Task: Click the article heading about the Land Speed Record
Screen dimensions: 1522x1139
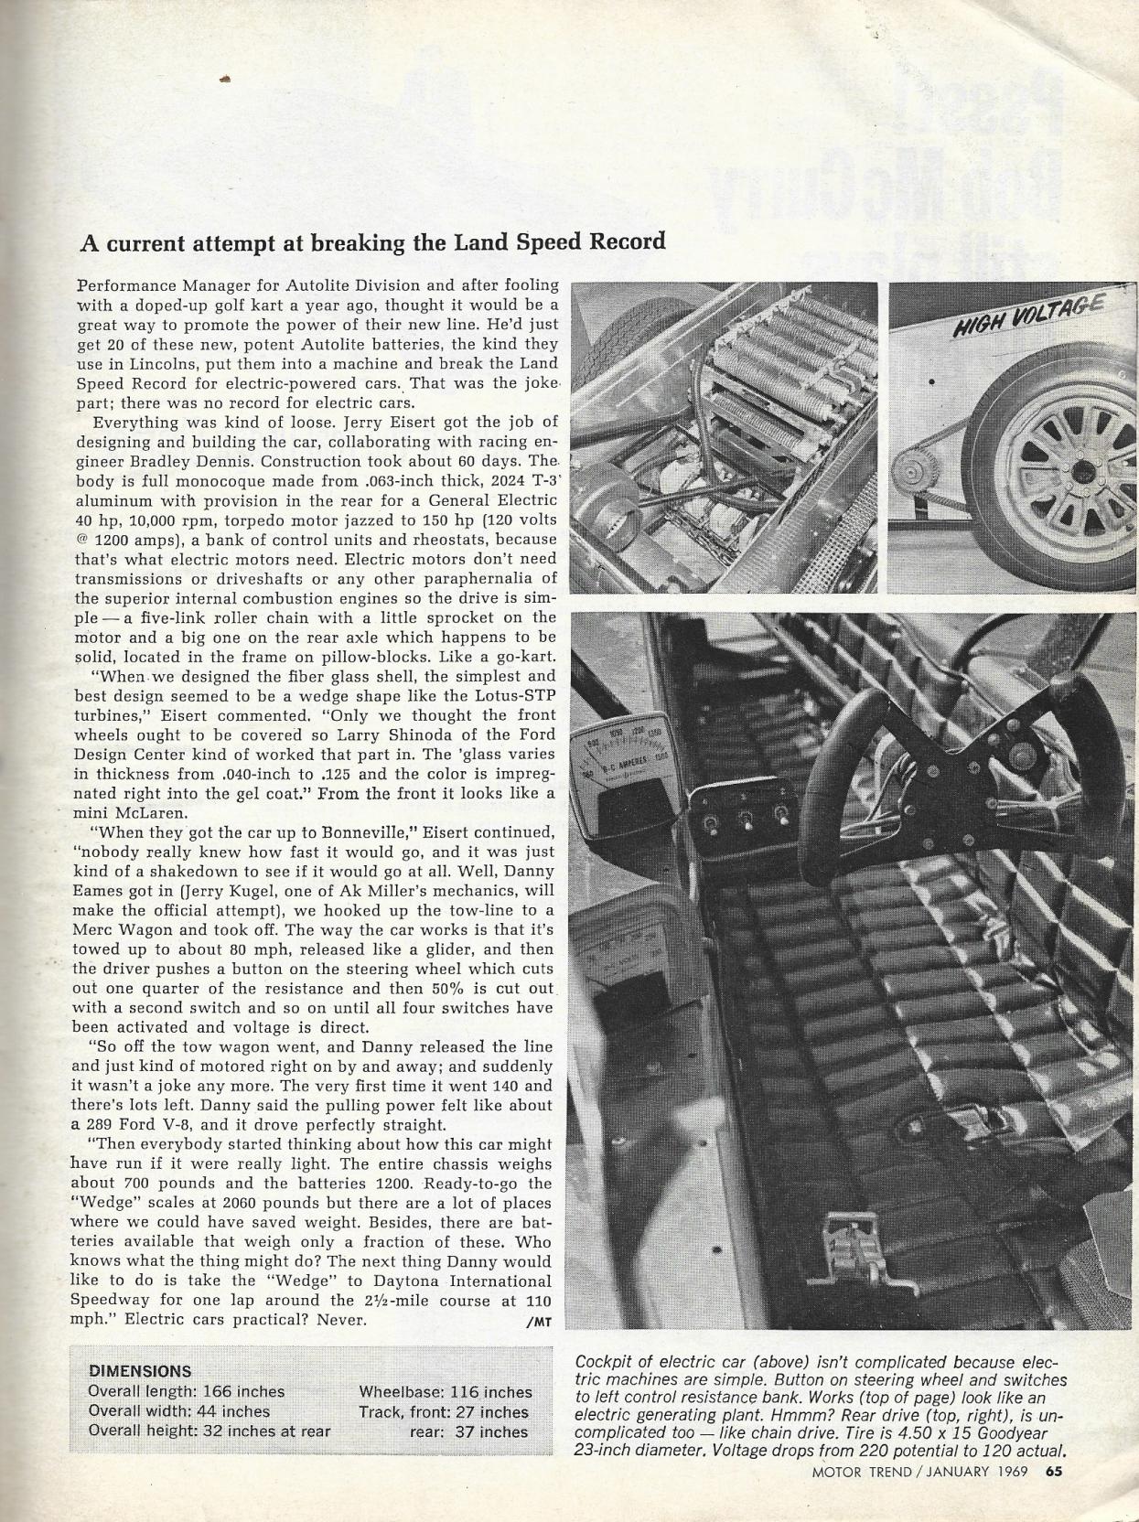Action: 372,242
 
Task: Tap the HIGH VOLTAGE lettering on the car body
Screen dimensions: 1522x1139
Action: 1029,315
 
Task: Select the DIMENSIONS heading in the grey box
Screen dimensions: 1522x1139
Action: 140,1371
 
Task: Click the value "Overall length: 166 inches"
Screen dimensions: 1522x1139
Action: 187,1391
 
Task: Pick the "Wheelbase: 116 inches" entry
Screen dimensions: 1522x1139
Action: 446,1392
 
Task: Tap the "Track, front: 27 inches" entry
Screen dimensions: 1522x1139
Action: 445,1412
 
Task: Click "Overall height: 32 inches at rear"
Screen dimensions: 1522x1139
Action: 210,1431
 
